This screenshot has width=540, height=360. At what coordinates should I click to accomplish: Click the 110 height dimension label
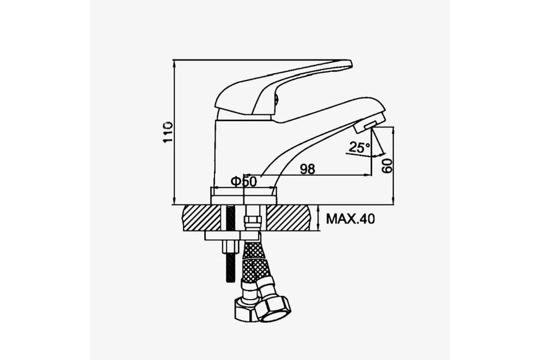[168, 132]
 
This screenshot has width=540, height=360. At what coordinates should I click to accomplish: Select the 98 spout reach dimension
[307, 169]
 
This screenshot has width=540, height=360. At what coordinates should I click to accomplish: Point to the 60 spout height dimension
[387, 166]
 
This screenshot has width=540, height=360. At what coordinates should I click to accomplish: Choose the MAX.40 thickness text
[351, 219]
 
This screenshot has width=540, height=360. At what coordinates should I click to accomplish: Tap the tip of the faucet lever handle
[351, 63]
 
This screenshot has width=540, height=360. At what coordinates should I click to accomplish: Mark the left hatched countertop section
[202, 218]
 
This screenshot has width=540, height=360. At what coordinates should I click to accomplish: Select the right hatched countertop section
[288, 218]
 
